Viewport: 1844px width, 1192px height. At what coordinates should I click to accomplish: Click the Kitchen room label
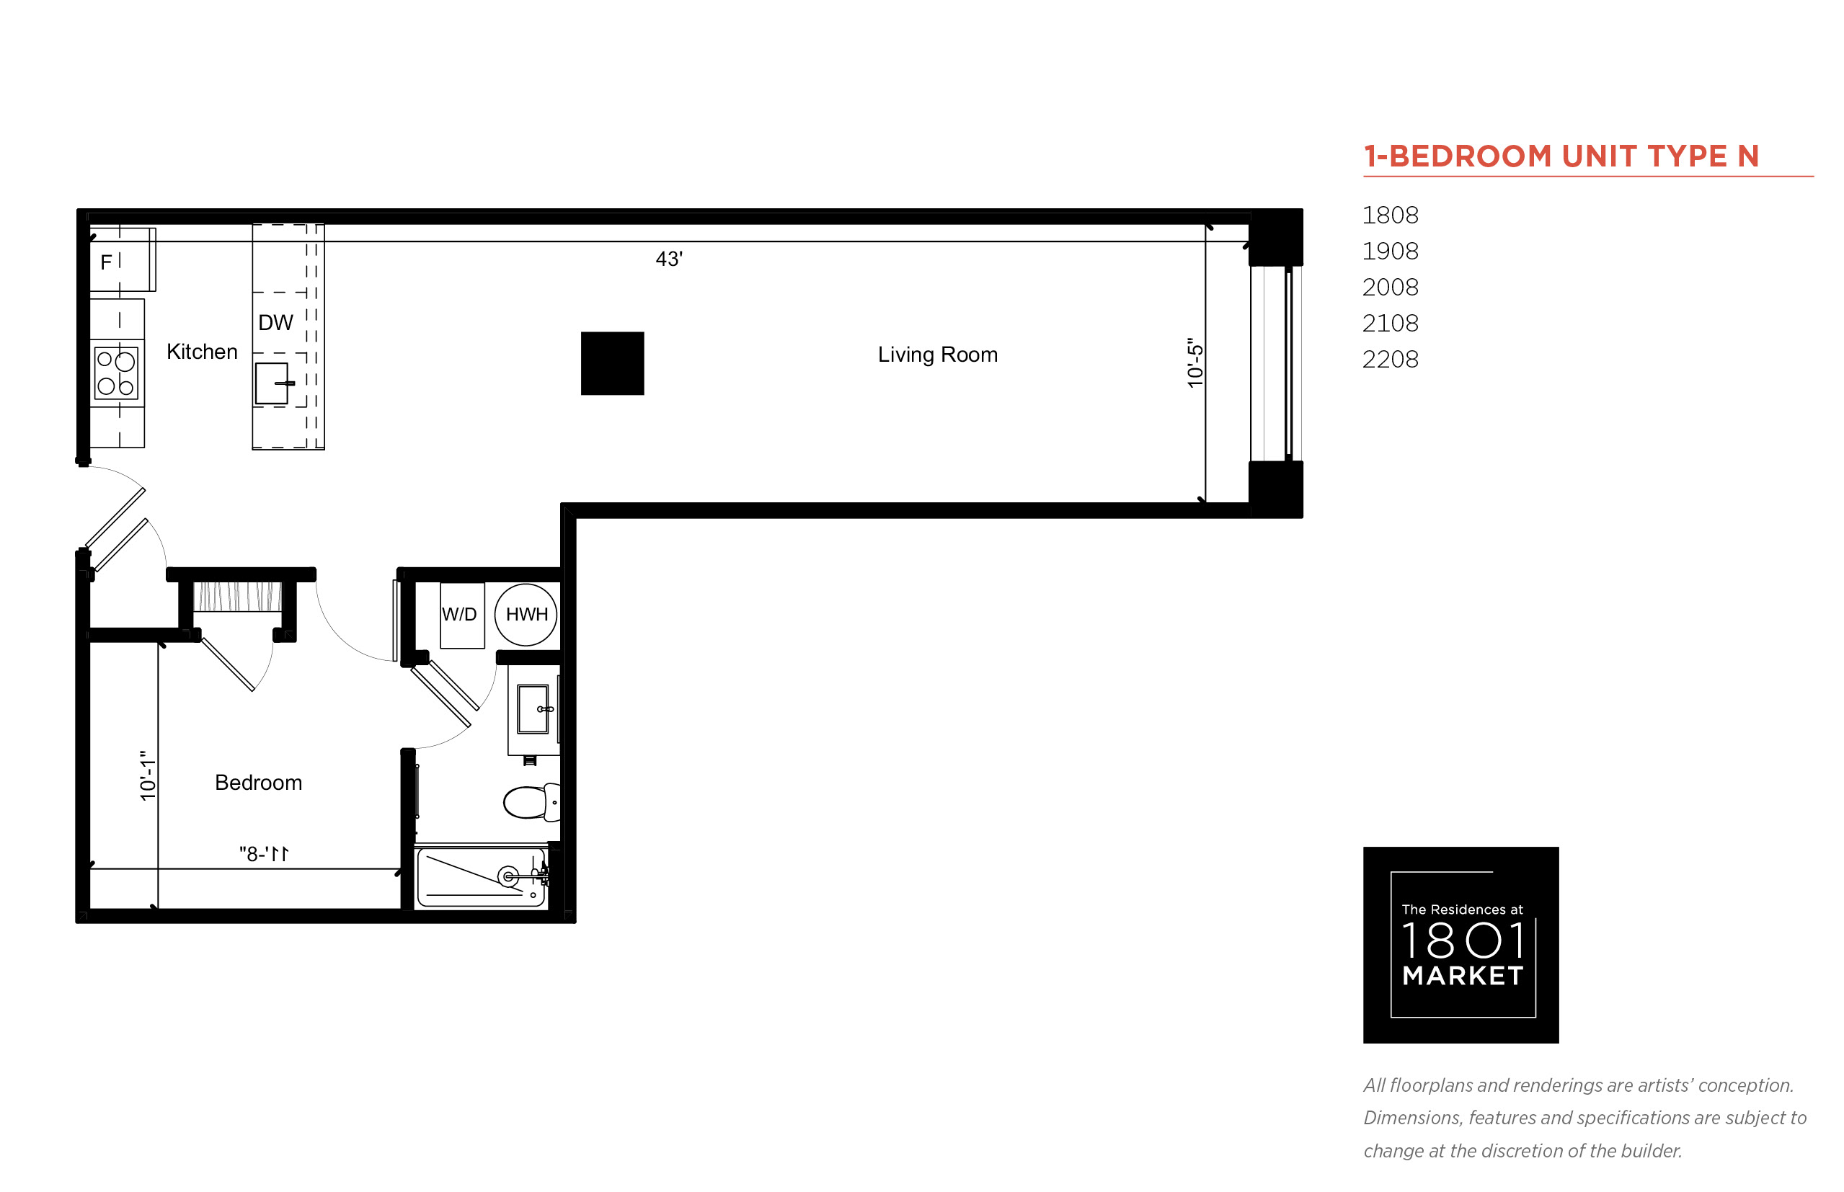click(x=201, y=352)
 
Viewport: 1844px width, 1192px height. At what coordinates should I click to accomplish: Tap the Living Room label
click(x=937, y=355)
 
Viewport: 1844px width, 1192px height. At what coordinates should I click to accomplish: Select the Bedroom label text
click(x=259, y=783)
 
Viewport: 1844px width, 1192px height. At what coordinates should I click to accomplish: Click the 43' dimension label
click(x=669, y=259)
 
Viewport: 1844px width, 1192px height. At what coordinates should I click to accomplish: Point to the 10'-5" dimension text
click(x=1195, y=363)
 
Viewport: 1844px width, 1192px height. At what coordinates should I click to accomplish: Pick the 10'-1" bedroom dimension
click(x=147, y=775)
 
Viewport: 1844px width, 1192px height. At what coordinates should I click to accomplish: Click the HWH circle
click(x=526, y=615)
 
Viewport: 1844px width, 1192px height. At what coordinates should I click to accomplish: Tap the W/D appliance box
click(x=462, y=615)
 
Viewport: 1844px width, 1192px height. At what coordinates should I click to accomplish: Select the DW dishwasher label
click(x=275, y=323)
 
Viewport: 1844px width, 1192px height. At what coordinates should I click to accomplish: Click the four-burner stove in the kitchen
click(x=116, y=373)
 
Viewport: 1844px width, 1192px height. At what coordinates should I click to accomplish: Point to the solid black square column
click(x=612, y=363)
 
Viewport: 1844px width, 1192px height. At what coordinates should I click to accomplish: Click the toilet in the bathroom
click(x=532, y=802)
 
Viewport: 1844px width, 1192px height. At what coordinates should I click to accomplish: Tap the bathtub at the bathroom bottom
click(x=481, y=877)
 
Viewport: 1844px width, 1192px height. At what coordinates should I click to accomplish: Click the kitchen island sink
click(x=272, y=383)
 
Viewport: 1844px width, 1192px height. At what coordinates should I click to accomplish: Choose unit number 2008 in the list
click(x=1391, y=287)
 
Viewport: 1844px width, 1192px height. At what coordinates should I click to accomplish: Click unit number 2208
click(x=1391, y=359)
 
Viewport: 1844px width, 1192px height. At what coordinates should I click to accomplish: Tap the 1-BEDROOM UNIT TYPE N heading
click(x=1561, y=156)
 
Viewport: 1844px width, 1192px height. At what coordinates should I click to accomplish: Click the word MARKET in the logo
click(x=1463, y=975)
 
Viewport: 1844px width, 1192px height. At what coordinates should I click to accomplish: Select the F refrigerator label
click(x=106, y=262)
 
